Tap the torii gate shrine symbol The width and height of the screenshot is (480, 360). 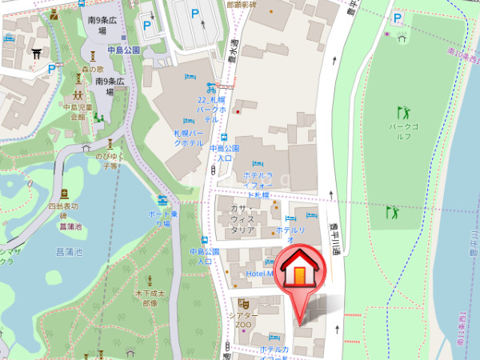pyautogui.click(x=35, y=54)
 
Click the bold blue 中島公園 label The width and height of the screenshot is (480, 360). pyautogui.click(x=124, y=50)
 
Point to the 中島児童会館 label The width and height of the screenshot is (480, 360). pyautogui.click(x=78, y=111)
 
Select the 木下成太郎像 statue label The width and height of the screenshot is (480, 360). pyautogui.click(x=147, y=298)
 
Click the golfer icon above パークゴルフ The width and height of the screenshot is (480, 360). pyautogui.click(x=402, y=113)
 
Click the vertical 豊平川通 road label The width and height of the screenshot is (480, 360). pyautogui.click(x=336, y=238)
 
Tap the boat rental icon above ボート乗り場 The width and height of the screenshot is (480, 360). pyautogui.click(x=162, y=199)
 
